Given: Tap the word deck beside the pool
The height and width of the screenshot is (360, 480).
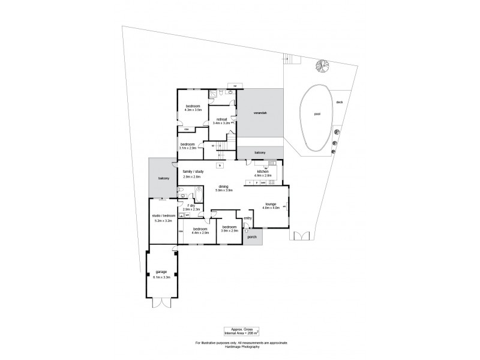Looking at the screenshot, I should click(x=339, y=102).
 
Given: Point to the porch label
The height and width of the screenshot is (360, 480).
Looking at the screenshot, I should click(x=252, y=237).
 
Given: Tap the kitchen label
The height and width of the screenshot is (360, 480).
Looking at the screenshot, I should click(x=262, y=172).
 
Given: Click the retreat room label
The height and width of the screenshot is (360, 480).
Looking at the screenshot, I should click(x=222, y=119).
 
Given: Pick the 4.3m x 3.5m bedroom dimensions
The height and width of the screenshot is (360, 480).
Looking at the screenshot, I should click(x=193, y=110).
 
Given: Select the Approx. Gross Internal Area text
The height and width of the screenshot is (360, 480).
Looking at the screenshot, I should click(x=243, y=331).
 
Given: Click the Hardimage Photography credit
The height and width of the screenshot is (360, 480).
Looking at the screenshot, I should click(x=243, y=347).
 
